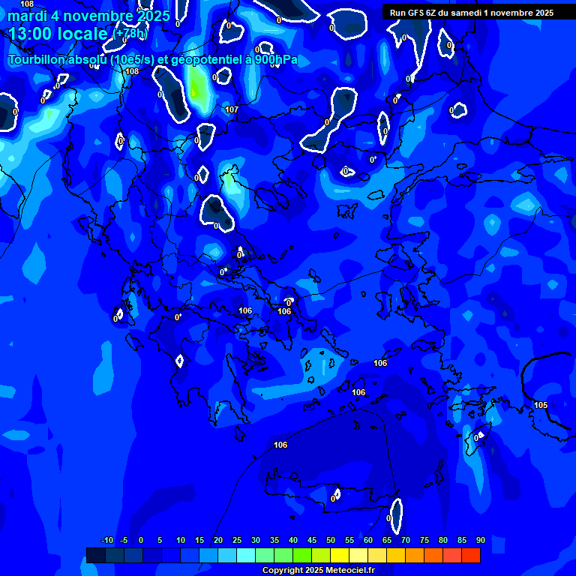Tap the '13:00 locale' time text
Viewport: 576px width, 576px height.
[x=58, y=34]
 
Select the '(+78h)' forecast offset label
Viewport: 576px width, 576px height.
[x=130, y=34]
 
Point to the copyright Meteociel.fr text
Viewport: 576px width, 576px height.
[x=317, y=571]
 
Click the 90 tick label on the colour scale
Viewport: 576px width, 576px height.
[x=480, y=540]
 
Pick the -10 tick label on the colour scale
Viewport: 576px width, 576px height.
[x=107, y=540]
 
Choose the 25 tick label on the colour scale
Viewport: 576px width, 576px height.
[x=237, y=540]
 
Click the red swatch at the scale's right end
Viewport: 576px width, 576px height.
[x=470, y=555]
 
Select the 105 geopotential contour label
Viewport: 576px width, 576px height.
[x=541, y=405]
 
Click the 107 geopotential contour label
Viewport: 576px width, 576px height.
[x=232, y=109]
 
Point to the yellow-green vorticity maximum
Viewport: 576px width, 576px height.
[x=196, y=88]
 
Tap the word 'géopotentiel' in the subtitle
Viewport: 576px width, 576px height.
[x=202, y=59]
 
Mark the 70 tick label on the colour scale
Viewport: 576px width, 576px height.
[x=406, y=540]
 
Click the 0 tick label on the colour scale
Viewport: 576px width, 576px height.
[x=141, y=540]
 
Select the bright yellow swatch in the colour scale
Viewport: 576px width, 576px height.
[x=340, y=555]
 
